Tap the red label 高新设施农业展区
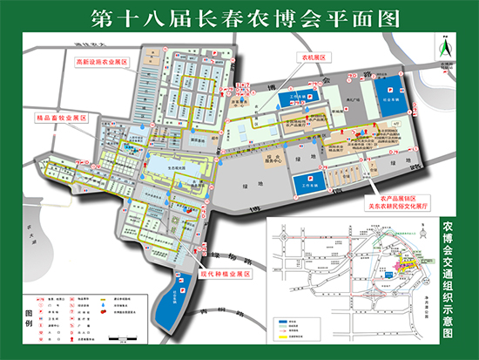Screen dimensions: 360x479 (x=101, y=63)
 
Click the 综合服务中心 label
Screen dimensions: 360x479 (x=275, y=159)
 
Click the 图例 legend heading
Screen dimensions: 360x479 (x=29, y=319)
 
